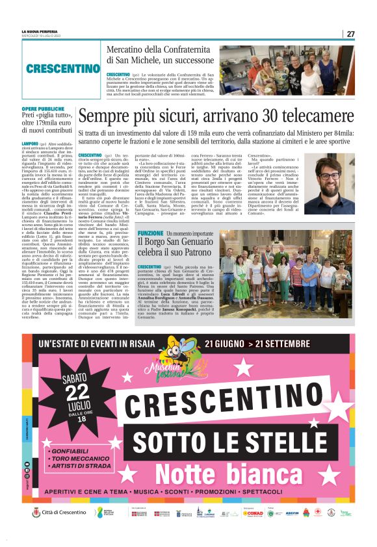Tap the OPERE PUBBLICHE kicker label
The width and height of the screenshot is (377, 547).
coord(42,108)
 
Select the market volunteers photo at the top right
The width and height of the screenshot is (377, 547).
coord(320,70)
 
